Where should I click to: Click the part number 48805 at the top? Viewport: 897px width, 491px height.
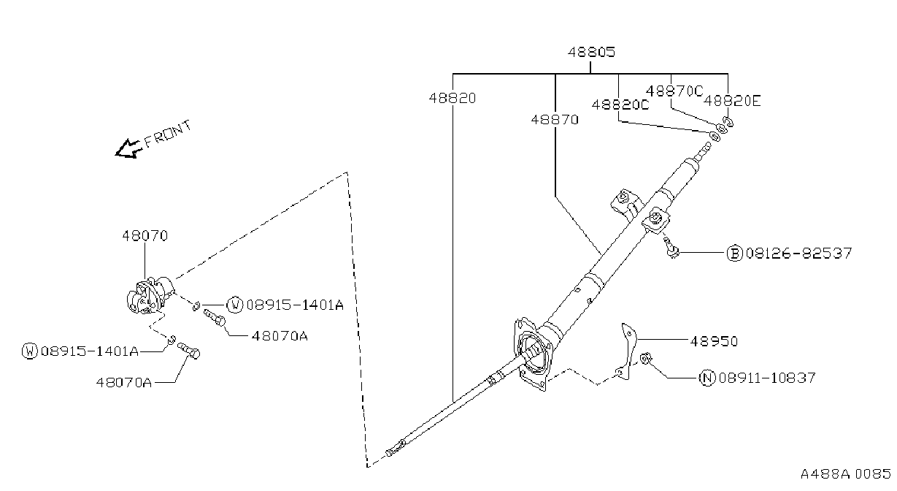tap(591, 52)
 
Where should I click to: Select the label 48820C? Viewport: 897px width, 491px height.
tap(620, 105)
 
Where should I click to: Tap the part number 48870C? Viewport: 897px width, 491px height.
tap(674, 91)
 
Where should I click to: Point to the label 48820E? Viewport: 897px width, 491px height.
tap(732, 101)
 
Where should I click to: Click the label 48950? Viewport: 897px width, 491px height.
tap(714, 341)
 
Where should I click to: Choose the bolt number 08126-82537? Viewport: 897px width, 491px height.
tap(799, 254)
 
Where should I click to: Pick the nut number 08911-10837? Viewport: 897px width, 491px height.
tap(767, 378)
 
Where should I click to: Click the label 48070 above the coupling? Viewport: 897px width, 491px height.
tap(145, 236)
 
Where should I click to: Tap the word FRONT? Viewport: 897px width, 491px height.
tap(168, 134)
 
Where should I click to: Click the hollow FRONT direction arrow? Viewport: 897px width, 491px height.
tap(128, 149)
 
